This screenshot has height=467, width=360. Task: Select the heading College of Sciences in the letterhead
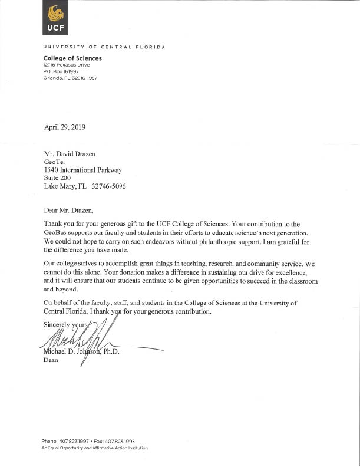(x=72, y=58)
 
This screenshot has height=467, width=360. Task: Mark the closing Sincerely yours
(x=66, y=325)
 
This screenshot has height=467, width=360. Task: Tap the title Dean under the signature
(x=51, y=361)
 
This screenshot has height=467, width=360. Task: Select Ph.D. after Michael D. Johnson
(x=108, y=352)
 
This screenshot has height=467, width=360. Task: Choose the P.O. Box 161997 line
(x=61, y=71)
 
